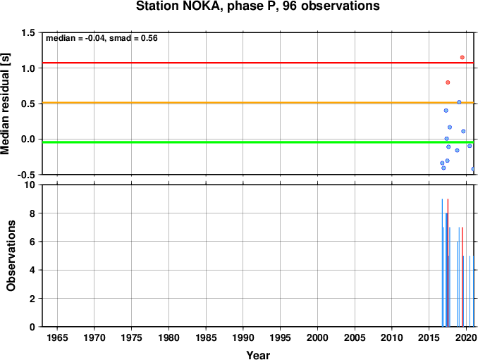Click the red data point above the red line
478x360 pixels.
coord(462,57)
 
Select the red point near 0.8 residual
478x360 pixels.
coord(448,82)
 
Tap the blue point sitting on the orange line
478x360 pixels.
coord(459,102)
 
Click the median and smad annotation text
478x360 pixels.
coord(102,38)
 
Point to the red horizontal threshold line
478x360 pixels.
coord(258,63)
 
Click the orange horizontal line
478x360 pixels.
coord(258,103)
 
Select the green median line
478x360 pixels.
coord(258,142)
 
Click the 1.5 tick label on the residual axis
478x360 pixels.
coord(28,32)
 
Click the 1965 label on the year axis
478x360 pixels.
coord(57,337)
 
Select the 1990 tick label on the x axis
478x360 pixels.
coord(243,337)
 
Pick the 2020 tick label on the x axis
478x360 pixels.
coord(466,337)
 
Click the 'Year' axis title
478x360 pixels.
coord(258,355)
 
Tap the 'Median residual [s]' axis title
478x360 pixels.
coord(5,104)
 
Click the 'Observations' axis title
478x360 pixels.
coord(11,256)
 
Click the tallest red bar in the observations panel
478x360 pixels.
coord(448,263)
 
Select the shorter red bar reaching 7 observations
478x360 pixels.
coord(462,277)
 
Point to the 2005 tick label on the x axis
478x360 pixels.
coord(355,337)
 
